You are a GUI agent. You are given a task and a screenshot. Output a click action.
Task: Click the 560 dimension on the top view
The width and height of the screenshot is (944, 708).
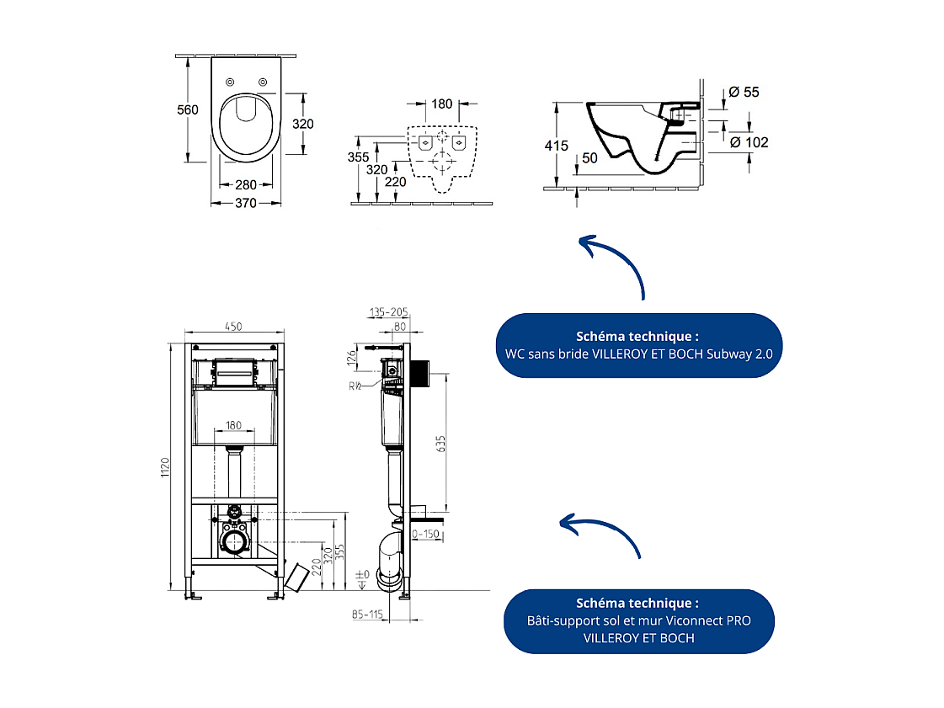[x=187, y=109]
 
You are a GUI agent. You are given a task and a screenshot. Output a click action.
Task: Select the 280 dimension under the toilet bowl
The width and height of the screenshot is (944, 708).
[x=245, y=185]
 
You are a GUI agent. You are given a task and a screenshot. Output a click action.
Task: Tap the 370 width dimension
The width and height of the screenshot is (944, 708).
[x=245, y=203]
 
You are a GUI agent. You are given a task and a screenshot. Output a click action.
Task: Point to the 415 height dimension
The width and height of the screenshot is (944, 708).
[x=557, y=146]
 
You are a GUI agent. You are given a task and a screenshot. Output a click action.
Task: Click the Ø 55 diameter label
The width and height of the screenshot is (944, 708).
[x=744, y=92]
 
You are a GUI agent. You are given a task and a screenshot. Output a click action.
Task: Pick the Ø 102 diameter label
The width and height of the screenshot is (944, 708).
[x=748, y=142]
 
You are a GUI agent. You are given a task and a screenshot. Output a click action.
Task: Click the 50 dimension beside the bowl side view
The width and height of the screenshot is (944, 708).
[x=589, y=158]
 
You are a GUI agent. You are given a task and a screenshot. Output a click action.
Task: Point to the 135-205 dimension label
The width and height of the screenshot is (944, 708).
[x=388, y=312]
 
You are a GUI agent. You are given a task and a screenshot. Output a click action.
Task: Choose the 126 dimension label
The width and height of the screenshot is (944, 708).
[x=353, y=358]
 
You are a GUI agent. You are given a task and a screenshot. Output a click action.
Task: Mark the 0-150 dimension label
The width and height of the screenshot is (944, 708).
[x=426, y=534]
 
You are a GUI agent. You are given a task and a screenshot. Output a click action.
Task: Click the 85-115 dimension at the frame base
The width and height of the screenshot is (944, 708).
[x=369, y=615]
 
